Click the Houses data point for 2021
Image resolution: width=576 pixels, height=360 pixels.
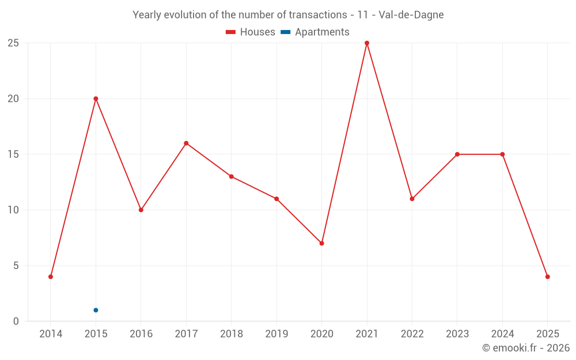point(367,43)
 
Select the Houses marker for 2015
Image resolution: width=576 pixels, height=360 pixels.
point(96,98)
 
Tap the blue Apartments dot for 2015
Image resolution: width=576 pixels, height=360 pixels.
point(96,310)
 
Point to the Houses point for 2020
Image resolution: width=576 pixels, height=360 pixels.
point(321,243)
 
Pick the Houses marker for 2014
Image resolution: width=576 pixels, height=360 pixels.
point(51,276)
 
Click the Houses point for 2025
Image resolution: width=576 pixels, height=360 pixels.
point(547,276)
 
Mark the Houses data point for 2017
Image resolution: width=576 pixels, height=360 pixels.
point(186,143)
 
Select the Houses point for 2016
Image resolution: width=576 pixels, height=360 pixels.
point(141,210)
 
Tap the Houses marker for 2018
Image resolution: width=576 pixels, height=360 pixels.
point(231,176)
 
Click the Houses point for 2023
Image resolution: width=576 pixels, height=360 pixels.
point(457,154)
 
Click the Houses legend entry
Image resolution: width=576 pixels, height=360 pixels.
point(251,32)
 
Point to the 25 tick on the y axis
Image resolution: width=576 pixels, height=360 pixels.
point(13,43)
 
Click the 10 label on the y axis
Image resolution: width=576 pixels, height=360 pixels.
point(13,210)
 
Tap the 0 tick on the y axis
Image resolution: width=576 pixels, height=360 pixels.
point(16,321)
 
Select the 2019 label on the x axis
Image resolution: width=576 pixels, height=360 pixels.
point(276,334)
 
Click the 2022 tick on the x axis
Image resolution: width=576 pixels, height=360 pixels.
point(412,334)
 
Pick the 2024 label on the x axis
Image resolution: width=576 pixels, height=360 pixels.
point(502,334)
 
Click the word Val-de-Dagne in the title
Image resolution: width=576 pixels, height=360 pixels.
point(411,15)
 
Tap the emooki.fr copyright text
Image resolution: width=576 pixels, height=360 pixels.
point(526,348)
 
